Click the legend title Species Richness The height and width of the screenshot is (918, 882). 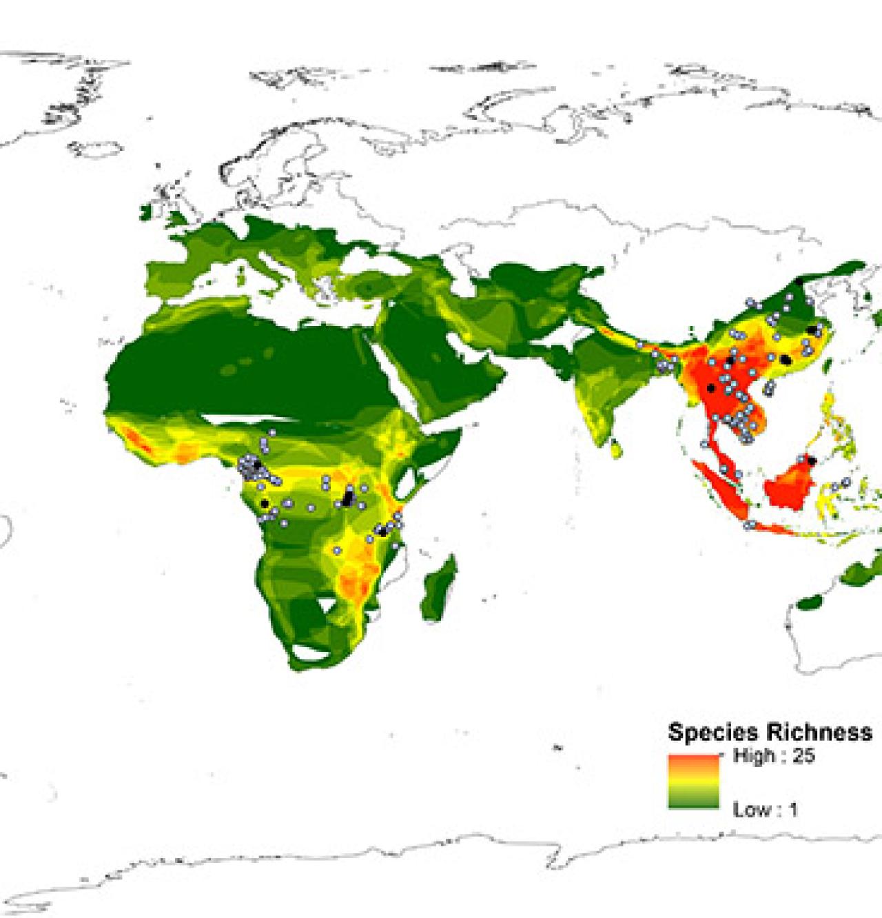(x=769, y=731)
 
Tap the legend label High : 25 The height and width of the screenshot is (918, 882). (x=773, y=756)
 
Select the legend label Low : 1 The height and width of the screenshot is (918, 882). (x=765, y=809)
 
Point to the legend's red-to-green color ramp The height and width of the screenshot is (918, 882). (x=693, y=782)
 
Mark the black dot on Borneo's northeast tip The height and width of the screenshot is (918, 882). (x=812, y=460)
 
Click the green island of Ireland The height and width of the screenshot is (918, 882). (x=149, y=210)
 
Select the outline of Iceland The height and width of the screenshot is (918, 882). (x=96, y=148)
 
